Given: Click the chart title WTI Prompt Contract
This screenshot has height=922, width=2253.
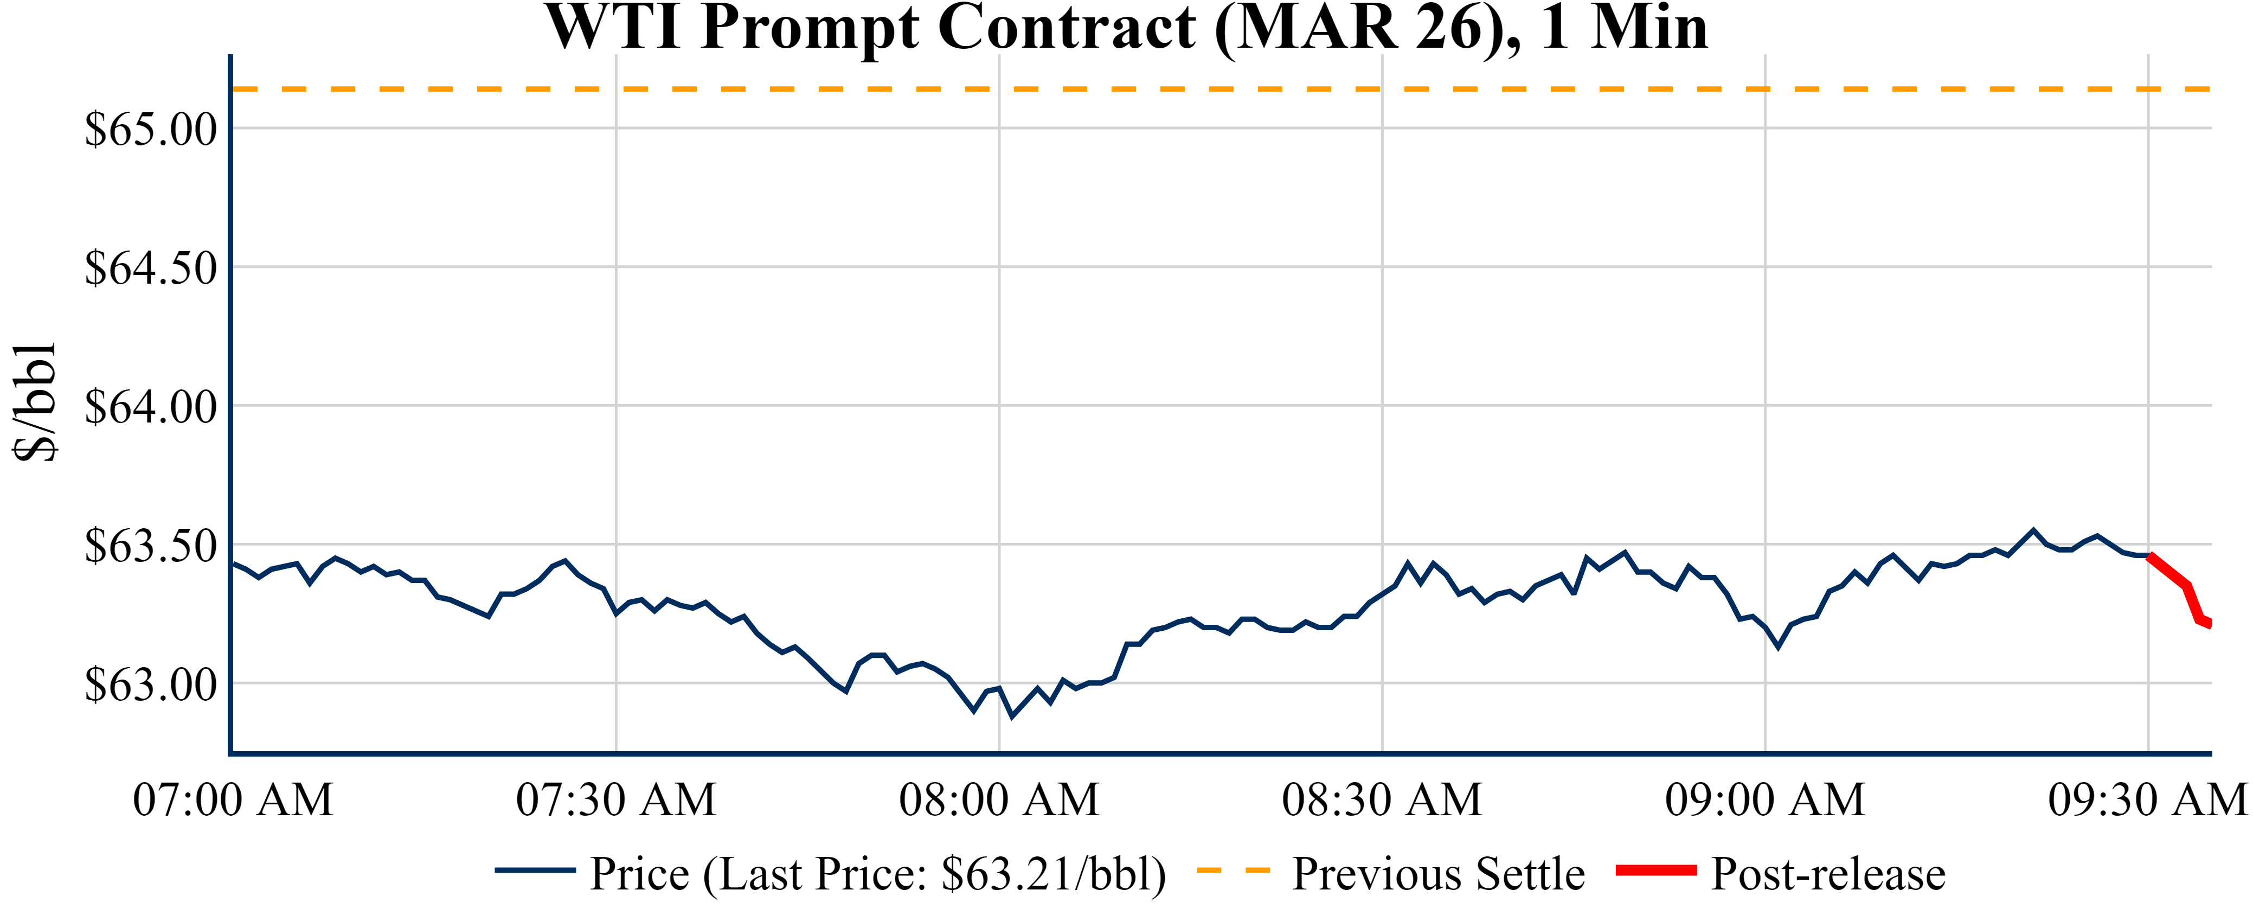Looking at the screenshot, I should coord(1127,28).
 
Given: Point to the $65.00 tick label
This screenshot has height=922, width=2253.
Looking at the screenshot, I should coord(150,130).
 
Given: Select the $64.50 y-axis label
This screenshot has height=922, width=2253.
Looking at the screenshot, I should coord(150,268).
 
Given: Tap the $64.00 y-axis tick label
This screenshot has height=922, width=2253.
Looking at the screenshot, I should coord(150,407).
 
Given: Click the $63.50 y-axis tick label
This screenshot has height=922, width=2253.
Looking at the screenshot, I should coord(150,546).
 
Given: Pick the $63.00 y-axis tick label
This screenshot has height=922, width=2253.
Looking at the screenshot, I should coord(150,684).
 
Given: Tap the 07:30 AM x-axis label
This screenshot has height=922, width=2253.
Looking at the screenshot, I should coord(616,799).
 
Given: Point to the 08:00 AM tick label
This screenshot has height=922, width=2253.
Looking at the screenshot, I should coord(999,799).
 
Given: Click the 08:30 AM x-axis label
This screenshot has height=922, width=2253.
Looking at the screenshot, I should coord(1382,799).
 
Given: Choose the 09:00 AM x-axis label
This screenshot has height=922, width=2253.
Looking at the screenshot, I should coord(1765,799).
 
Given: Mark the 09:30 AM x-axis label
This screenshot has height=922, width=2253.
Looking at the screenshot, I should coord(2147,799).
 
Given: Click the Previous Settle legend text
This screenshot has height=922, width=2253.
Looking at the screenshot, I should coord(1438,874).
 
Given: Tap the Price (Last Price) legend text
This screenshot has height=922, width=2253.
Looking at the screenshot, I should coord(878,874).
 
